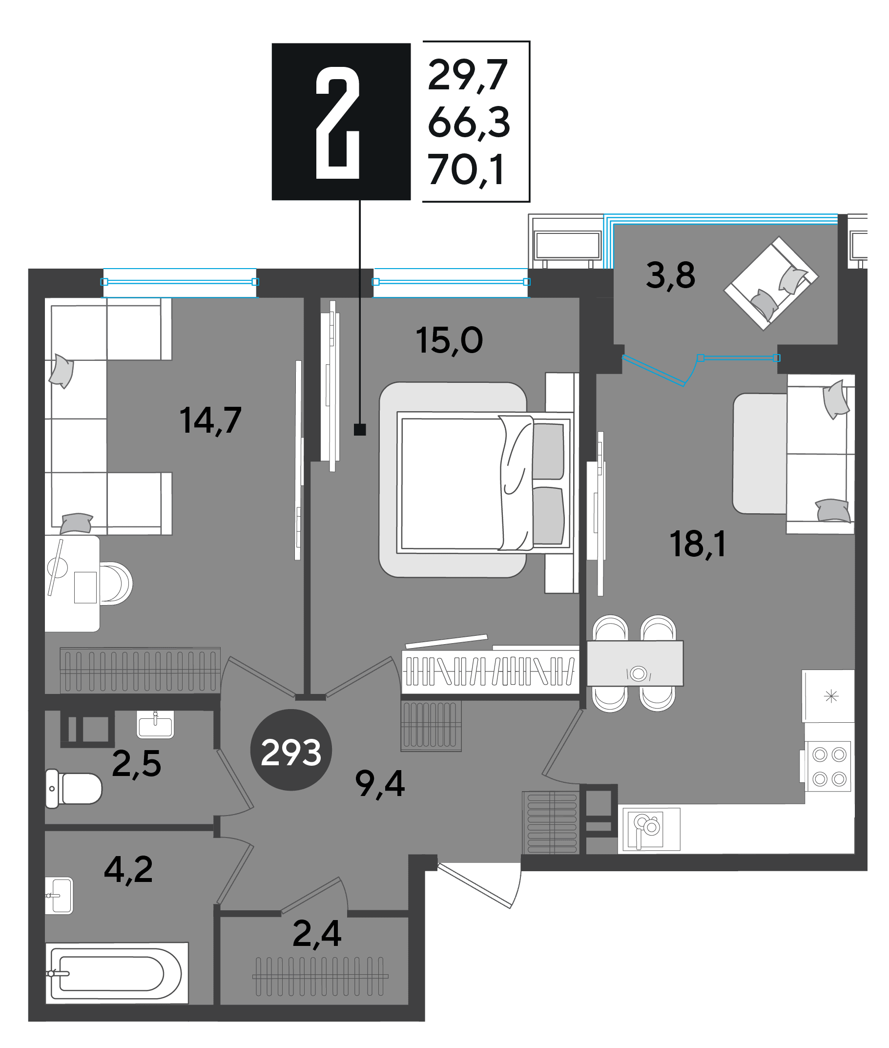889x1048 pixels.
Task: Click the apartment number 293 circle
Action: click(x=291, y=750)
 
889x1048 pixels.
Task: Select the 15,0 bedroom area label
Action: click(x=449, y=340)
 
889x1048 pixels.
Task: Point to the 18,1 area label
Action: click(x=698, y=544)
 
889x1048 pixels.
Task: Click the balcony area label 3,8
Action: click(x=670, y=276)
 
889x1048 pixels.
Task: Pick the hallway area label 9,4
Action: click(x=379, y=784)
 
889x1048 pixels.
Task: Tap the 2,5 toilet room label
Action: click(x=136, y=764)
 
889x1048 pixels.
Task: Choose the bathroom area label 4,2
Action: click(x=128, y=870)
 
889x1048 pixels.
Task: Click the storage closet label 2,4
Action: click(x=316, y=934)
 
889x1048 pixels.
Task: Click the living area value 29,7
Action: click(x=467, y=75)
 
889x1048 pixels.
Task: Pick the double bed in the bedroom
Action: click(x=485, y=482)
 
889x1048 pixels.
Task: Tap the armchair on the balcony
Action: click(x=771, y=283)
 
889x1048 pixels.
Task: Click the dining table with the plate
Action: click(x=635, y=663)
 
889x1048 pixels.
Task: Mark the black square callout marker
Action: click(x=360, y=429)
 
